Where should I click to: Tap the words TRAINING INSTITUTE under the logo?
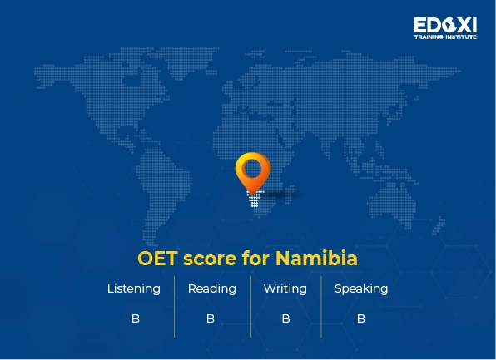click(x=445, y=37)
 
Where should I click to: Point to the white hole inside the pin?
click(x=252, y=166)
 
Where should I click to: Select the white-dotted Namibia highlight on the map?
click(x=252, y=200)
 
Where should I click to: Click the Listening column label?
click(x=134, y=289)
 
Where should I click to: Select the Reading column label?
click(x=211, y=289)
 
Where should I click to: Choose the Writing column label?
click(x=285, y=289)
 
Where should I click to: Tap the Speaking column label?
click(x=360, y=289)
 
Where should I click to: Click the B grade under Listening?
click(x=135, y=318)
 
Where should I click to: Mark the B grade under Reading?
click(x=211, y=318)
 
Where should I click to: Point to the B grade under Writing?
click(x=285, y=318)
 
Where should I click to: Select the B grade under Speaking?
click(x=361, y=318)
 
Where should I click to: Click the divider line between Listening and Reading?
click(x=174, y=306)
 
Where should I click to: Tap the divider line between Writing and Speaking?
click(x=321, y=306)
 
